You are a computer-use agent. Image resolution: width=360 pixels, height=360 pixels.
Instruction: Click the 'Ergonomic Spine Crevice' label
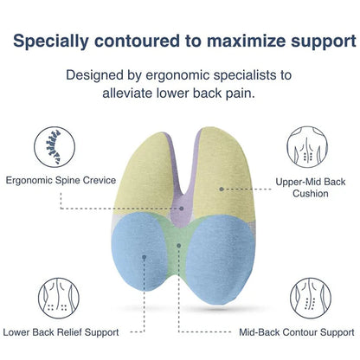pos(57,182)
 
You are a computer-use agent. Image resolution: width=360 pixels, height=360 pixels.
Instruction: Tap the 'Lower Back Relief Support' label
pos(61,331)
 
